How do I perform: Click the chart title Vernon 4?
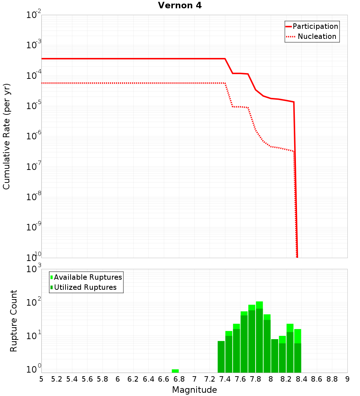tap(180, 5)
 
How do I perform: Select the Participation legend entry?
tap(315, 26)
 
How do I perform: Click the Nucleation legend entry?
tap(316, 36)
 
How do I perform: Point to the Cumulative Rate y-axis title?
tap(6, 136)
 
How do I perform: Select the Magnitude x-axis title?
tap(194, 390)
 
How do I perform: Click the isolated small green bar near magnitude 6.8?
tap(175, 371)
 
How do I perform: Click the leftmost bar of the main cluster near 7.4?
tap(221, 356)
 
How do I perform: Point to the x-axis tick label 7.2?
tap(210, 379)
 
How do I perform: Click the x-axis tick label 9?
tap(347, 379)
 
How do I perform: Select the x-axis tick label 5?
tap(41, 379)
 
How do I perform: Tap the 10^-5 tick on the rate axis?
tap(34, 106)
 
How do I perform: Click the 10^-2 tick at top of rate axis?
tap(34, 15)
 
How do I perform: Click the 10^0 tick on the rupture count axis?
tap(34, 369)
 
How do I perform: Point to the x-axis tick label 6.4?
tap(148, 379)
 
